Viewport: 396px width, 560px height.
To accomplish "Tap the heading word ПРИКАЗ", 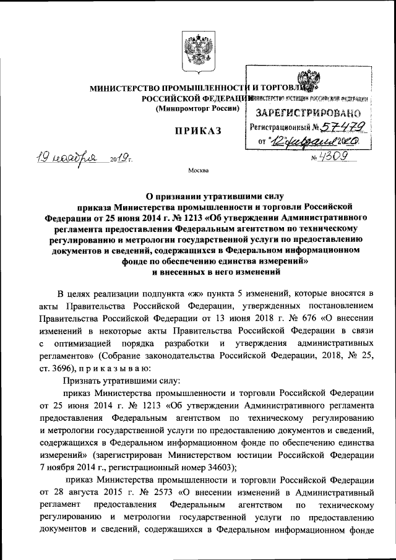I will click(197, 132).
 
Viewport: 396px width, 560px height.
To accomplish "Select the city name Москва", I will click(197, 170).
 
